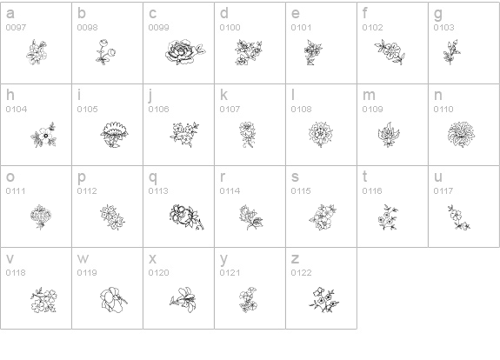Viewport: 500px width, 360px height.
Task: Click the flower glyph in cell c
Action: [185, 52]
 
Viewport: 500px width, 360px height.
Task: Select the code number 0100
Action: [230, 28]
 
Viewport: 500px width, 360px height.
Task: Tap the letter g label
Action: [438, 14]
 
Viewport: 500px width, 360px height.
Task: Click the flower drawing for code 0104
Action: [43, 135]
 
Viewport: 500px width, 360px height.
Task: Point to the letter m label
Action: [369, 96]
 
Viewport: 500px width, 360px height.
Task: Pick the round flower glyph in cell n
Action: [461, 134]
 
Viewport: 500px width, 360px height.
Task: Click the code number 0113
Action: [158, 191]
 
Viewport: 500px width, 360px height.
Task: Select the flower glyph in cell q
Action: [187, 217]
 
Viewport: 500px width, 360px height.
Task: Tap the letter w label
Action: [83, 259]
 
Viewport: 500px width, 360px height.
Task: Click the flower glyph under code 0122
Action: [323, 299]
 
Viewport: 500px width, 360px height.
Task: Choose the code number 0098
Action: [87, 28]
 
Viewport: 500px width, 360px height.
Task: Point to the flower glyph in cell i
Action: [114, 135]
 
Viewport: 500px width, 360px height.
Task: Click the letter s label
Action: [295, 177]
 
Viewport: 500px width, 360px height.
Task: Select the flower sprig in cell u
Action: [458, 217]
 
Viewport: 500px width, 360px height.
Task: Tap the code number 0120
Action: [158, 273]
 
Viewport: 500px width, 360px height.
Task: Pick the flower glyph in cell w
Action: [114, 299]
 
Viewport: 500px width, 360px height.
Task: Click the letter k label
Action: [223, 95]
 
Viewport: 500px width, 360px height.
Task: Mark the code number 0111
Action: [16, 191]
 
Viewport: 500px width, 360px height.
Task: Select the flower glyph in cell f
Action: [390, 52]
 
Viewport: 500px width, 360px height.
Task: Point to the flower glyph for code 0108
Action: [321, 134]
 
